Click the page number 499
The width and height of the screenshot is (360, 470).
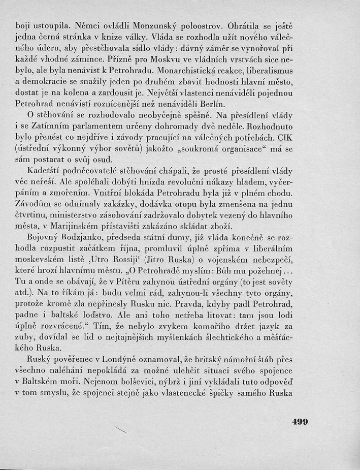(297, 422)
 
